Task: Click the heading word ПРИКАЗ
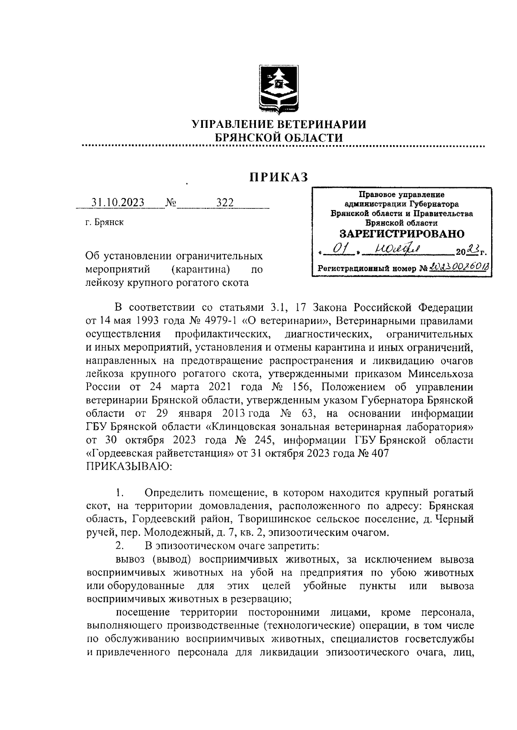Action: point(278,177)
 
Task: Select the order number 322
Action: point(225,203)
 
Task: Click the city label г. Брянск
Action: point(104,223)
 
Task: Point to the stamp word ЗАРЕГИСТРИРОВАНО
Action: point(402,234)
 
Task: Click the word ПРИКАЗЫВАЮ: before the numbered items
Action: point(130,467)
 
